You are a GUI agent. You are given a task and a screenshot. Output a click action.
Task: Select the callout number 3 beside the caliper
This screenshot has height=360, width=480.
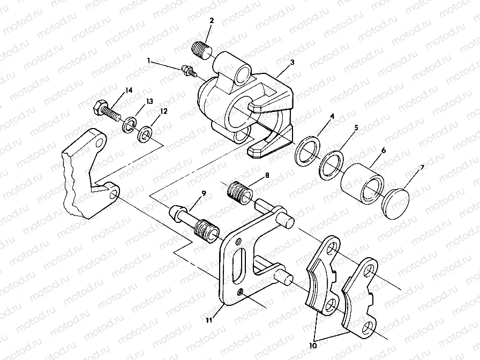[292, 62]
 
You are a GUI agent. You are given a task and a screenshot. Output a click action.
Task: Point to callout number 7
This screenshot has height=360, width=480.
[332, 116]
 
